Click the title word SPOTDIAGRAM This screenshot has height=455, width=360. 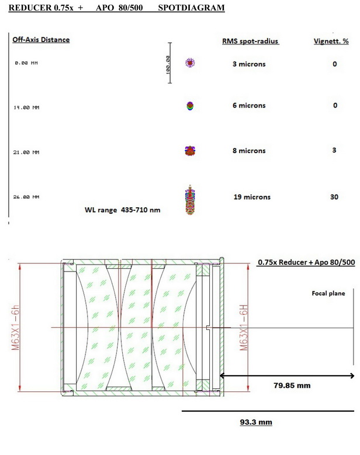(191, 8)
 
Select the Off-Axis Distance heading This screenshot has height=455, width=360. (41, 40)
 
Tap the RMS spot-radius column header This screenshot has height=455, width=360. (250, 41)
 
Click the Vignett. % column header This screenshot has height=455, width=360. (331, 41)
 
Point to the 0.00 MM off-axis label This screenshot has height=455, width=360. (26, 63)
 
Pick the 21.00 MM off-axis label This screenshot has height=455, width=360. (26, 152)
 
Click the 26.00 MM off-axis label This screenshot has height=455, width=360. (26, 197)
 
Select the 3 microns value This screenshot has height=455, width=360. (249, 64)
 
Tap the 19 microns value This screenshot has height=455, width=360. (252, 197)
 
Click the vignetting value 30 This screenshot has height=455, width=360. (334, 197)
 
